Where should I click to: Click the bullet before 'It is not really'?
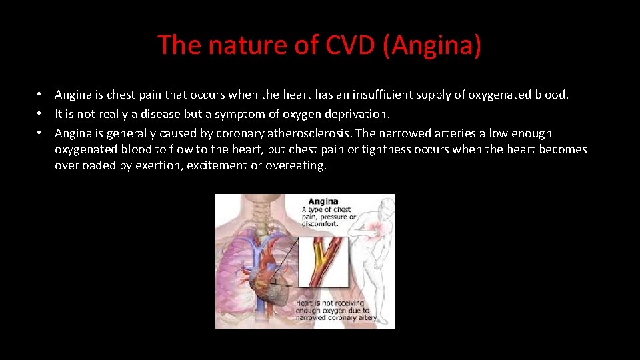point(41,114)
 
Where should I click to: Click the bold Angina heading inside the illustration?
point(323,201)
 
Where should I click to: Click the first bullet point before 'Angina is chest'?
point(41,95)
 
